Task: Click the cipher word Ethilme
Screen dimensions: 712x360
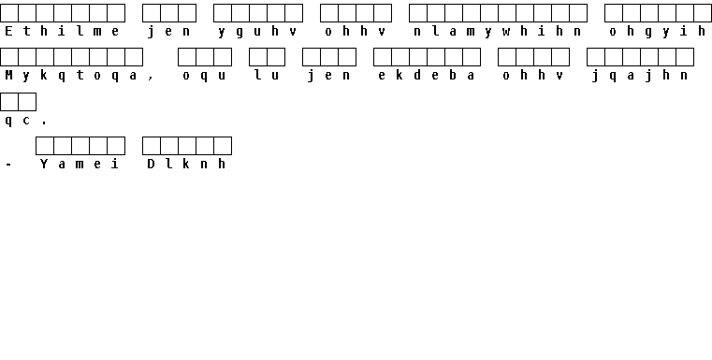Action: [62, 32]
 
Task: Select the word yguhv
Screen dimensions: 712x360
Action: [257, 32]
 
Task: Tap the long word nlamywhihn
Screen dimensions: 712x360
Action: [497, 32]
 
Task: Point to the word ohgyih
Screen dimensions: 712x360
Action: [657, 32]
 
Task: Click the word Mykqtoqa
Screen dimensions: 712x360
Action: [71, 76]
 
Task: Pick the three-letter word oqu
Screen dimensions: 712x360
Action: [204, 77]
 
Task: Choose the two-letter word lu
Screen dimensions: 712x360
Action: [267, 76]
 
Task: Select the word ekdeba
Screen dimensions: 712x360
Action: [427, 76]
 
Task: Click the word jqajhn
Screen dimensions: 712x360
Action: [640, 77]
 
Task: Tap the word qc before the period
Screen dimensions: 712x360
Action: [18, 121]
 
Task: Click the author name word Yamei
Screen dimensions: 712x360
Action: [80, 164]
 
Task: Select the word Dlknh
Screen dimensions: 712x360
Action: [186, 164]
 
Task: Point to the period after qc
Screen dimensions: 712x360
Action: [44, 123]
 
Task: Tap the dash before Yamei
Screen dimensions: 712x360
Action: [8, 165]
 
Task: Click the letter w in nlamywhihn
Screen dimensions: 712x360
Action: [506, 32]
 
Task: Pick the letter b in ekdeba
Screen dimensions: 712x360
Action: [453, 76]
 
